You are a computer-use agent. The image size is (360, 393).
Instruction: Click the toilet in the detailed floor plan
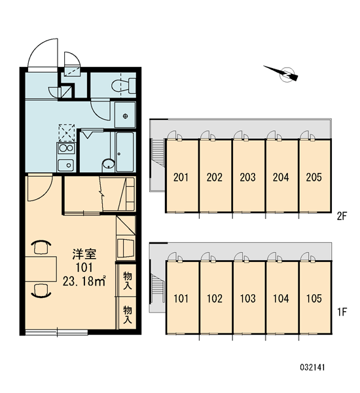(x=124, y=86)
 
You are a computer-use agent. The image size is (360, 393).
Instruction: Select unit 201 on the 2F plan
(x=181, y=178)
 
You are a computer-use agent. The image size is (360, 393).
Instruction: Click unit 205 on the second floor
(x=314, y=178)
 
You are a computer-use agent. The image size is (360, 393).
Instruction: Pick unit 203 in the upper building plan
(x=248, y=178)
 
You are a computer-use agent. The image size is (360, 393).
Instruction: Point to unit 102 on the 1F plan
(x=215, y=299)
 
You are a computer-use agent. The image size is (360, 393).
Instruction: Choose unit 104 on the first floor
(x=281, y=299)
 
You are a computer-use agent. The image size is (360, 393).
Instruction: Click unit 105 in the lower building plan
(x=314, y=299)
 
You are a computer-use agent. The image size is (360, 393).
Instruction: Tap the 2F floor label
(x=342, y=216)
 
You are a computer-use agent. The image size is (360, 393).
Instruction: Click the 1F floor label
(x=342, y=312)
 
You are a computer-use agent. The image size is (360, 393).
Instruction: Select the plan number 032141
(x=312, y=367)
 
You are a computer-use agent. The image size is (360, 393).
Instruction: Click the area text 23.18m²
(x=84, y=281)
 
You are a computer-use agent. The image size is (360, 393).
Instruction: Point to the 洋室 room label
(x=84, y=254)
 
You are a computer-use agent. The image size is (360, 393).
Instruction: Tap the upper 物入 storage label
(x=127, y=281)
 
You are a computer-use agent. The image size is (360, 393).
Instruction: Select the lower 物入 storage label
(x=127, y=314)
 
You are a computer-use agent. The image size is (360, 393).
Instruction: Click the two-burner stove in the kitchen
(x=66, y=148)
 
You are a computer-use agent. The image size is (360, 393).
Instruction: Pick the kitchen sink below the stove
(x=66, y=165)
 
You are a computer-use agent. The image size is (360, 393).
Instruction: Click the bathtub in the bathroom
(x=125, y=152)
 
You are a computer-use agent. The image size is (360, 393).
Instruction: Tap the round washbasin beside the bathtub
(x=108, y=164)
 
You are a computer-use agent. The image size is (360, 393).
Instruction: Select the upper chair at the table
(x=41, y=247)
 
